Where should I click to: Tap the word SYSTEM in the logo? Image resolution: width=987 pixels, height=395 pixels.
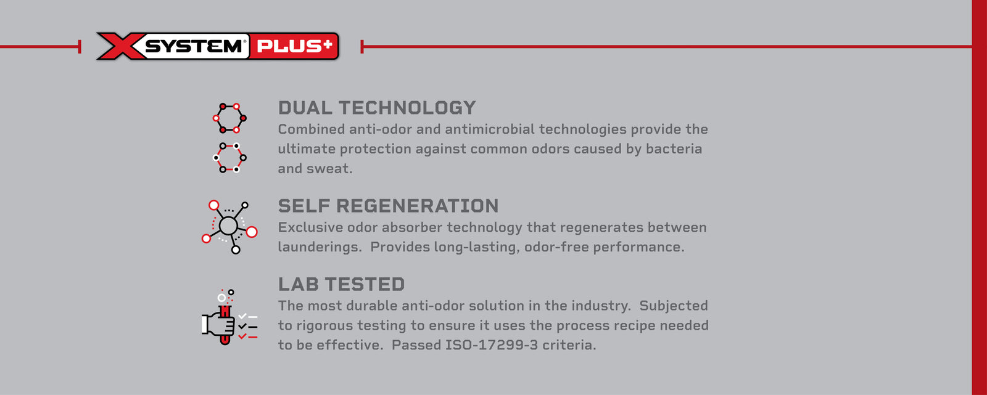click(x=194, y=47)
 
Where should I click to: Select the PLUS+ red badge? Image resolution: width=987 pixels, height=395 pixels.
click(x=294, y=46)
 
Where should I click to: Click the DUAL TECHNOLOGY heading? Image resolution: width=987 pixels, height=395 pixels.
click(x=377, y=108)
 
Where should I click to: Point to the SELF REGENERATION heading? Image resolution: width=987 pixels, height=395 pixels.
click(x=388, y=206)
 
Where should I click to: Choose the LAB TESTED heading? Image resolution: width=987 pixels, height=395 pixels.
click(x=341, y=284)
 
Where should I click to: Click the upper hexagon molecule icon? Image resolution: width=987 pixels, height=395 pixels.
click(x=229, y=118)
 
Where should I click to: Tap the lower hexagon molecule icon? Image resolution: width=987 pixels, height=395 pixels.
click(x=229, y=158)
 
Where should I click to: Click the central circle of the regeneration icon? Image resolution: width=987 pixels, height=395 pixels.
click(x=228, y=226)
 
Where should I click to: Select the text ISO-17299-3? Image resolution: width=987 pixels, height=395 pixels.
click(x=492, y=345)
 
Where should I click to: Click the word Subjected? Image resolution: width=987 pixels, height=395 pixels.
click(x=674, y=306)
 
